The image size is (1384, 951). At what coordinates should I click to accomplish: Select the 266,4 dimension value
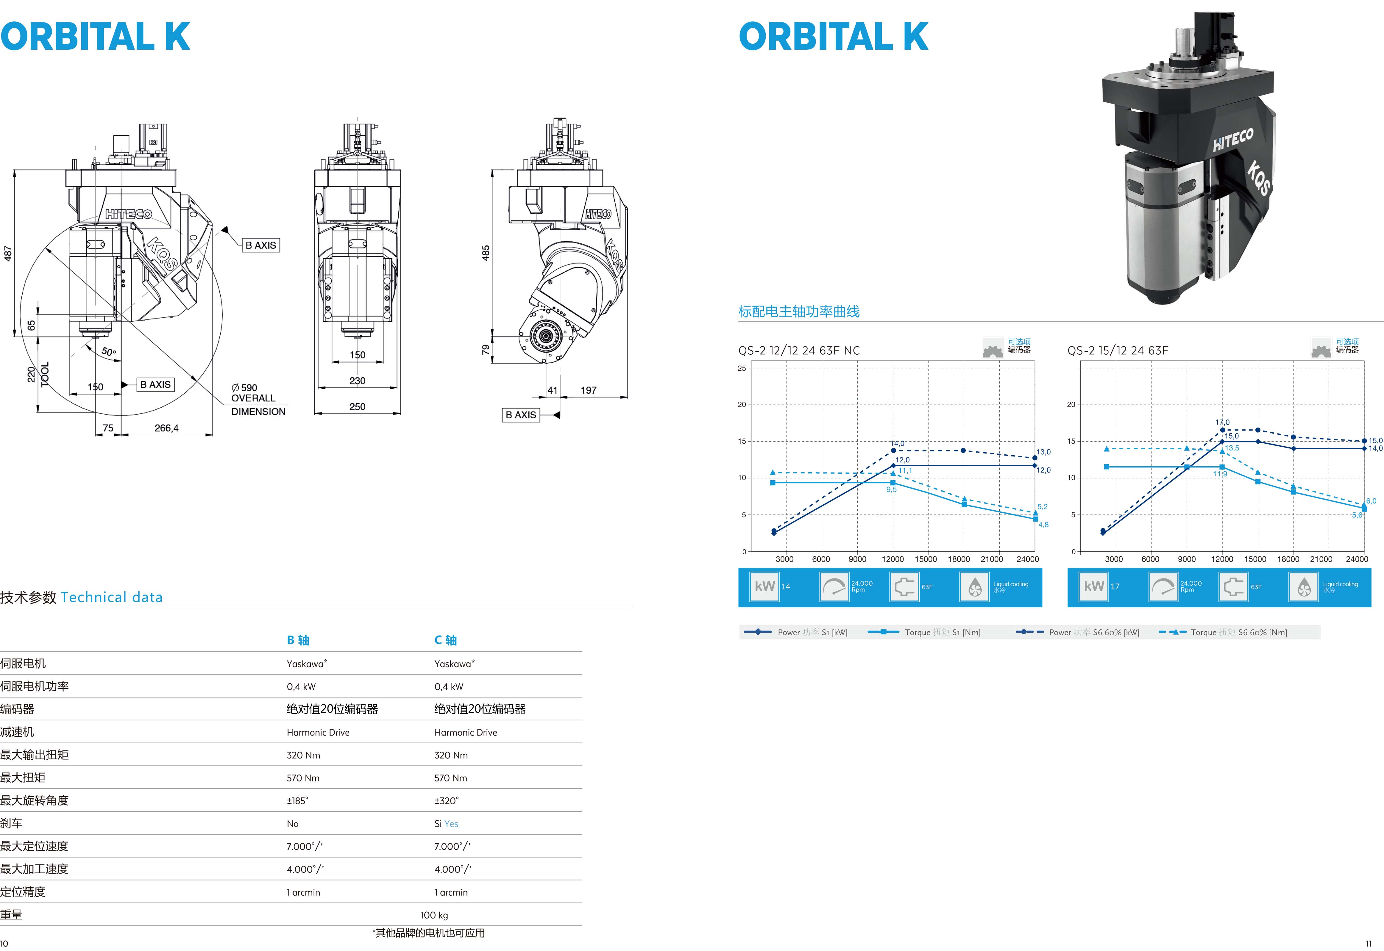[166, 428]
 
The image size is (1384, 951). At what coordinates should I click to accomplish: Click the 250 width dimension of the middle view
[357, 406]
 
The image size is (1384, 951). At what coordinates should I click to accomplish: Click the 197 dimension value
[588, 390]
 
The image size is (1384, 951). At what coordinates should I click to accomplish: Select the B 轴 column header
[298, 640]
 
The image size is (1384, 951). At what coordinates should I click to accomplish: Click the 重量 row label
[11, 915]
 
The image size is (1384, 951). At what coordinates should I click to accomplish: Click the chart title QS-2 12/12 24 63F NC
[799, 350]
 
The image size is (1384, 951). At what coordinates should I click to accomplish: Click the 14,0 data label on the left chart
[897, 443]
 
